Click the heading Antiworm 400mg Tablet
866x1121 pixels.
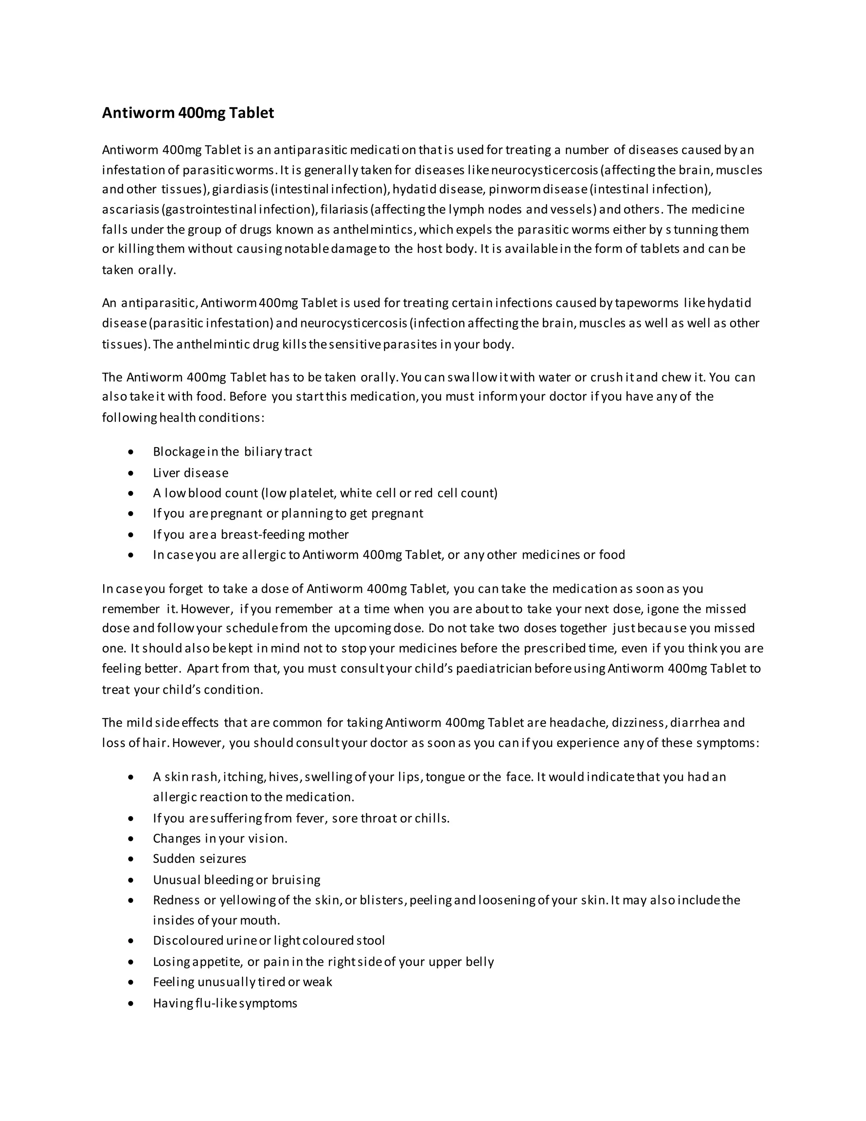point(188,113)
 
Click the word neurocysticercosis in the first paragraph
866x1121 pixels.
point(544,170)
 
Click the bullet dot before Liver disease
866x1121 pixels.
point(132,473)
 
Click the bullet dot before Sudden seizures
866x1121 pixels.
point(132,859)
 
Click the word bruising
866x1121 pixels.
point(296,880)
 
